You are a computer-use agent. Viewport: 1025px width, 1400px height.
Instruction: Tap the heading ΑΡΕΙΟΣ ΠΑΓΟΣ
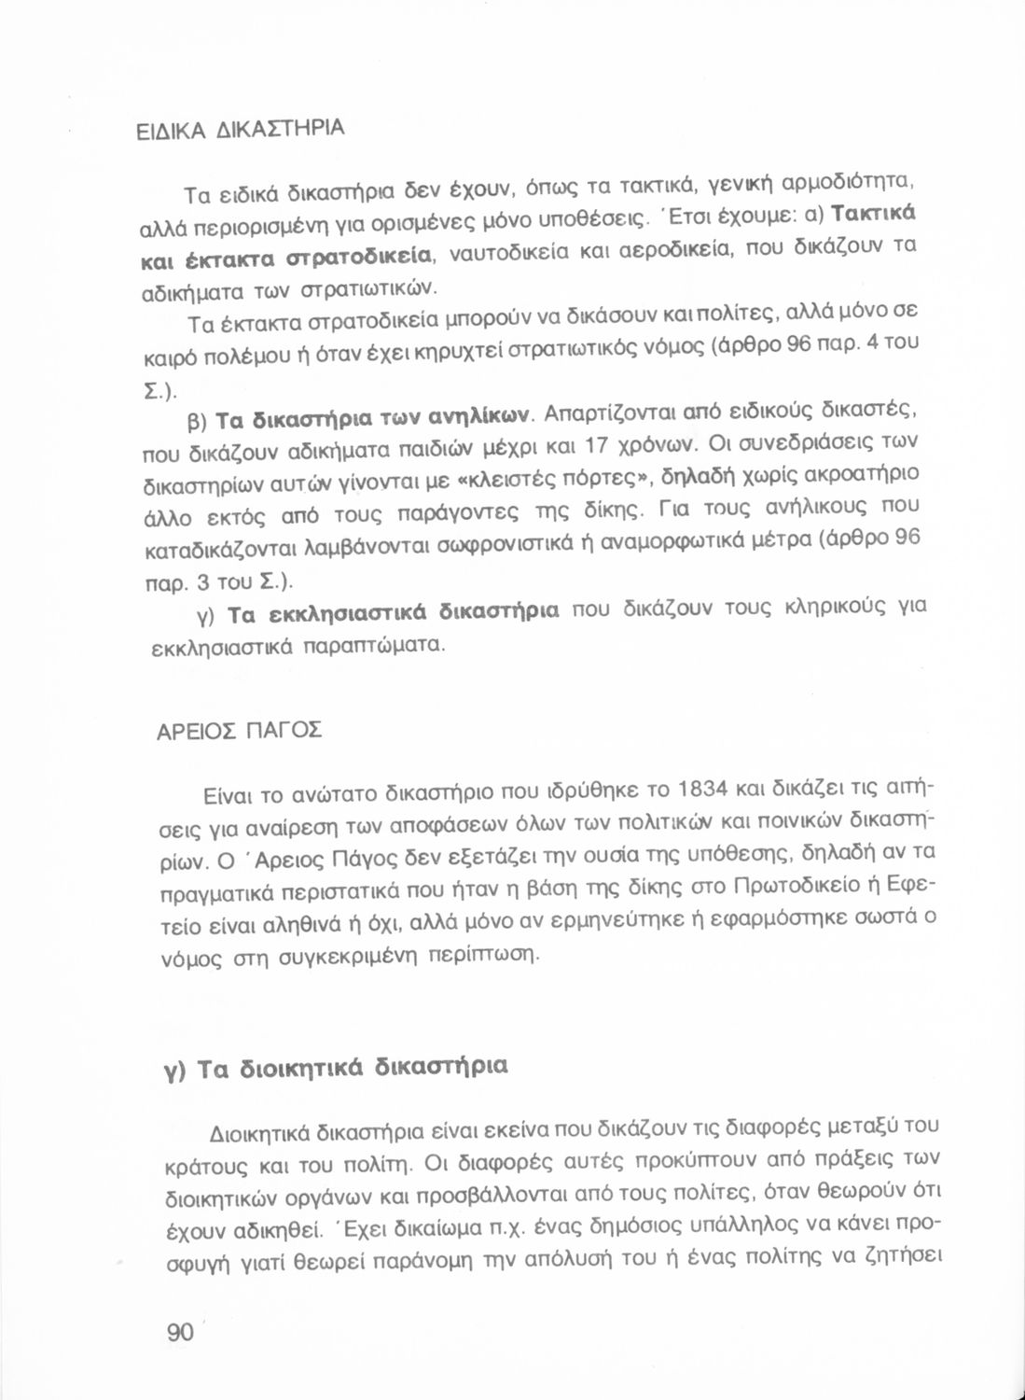[x=240, y=730]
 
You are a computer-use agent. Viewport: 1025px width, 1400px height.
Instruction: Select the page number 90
[x=180, y=1332]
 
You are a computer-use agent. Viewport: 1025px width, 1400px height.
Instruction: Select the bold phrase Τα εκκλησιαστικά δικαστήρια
[x=394, y=614]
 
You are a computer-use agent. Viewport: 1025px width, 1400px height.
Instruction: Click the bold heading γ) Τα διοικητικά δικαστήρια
[x=332, y=1068]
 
